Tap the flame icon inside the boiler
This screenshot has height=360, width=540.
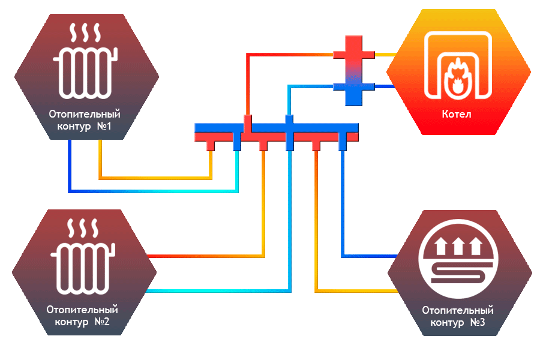click(x=458, y=78)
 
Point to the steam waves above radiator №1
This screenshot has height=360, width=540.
click(x=85, y=32)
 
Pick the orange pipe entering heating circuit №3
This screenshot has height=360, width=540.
click(x=360, y=290)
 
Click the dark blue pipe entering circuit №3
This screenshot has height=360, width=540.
click(x=366, y=256)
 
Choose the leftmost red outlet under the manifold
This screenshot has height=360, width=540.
click(x=210, y=145)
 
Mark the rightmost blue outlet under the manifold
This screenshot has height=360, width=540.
click(x=342, y=145)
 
